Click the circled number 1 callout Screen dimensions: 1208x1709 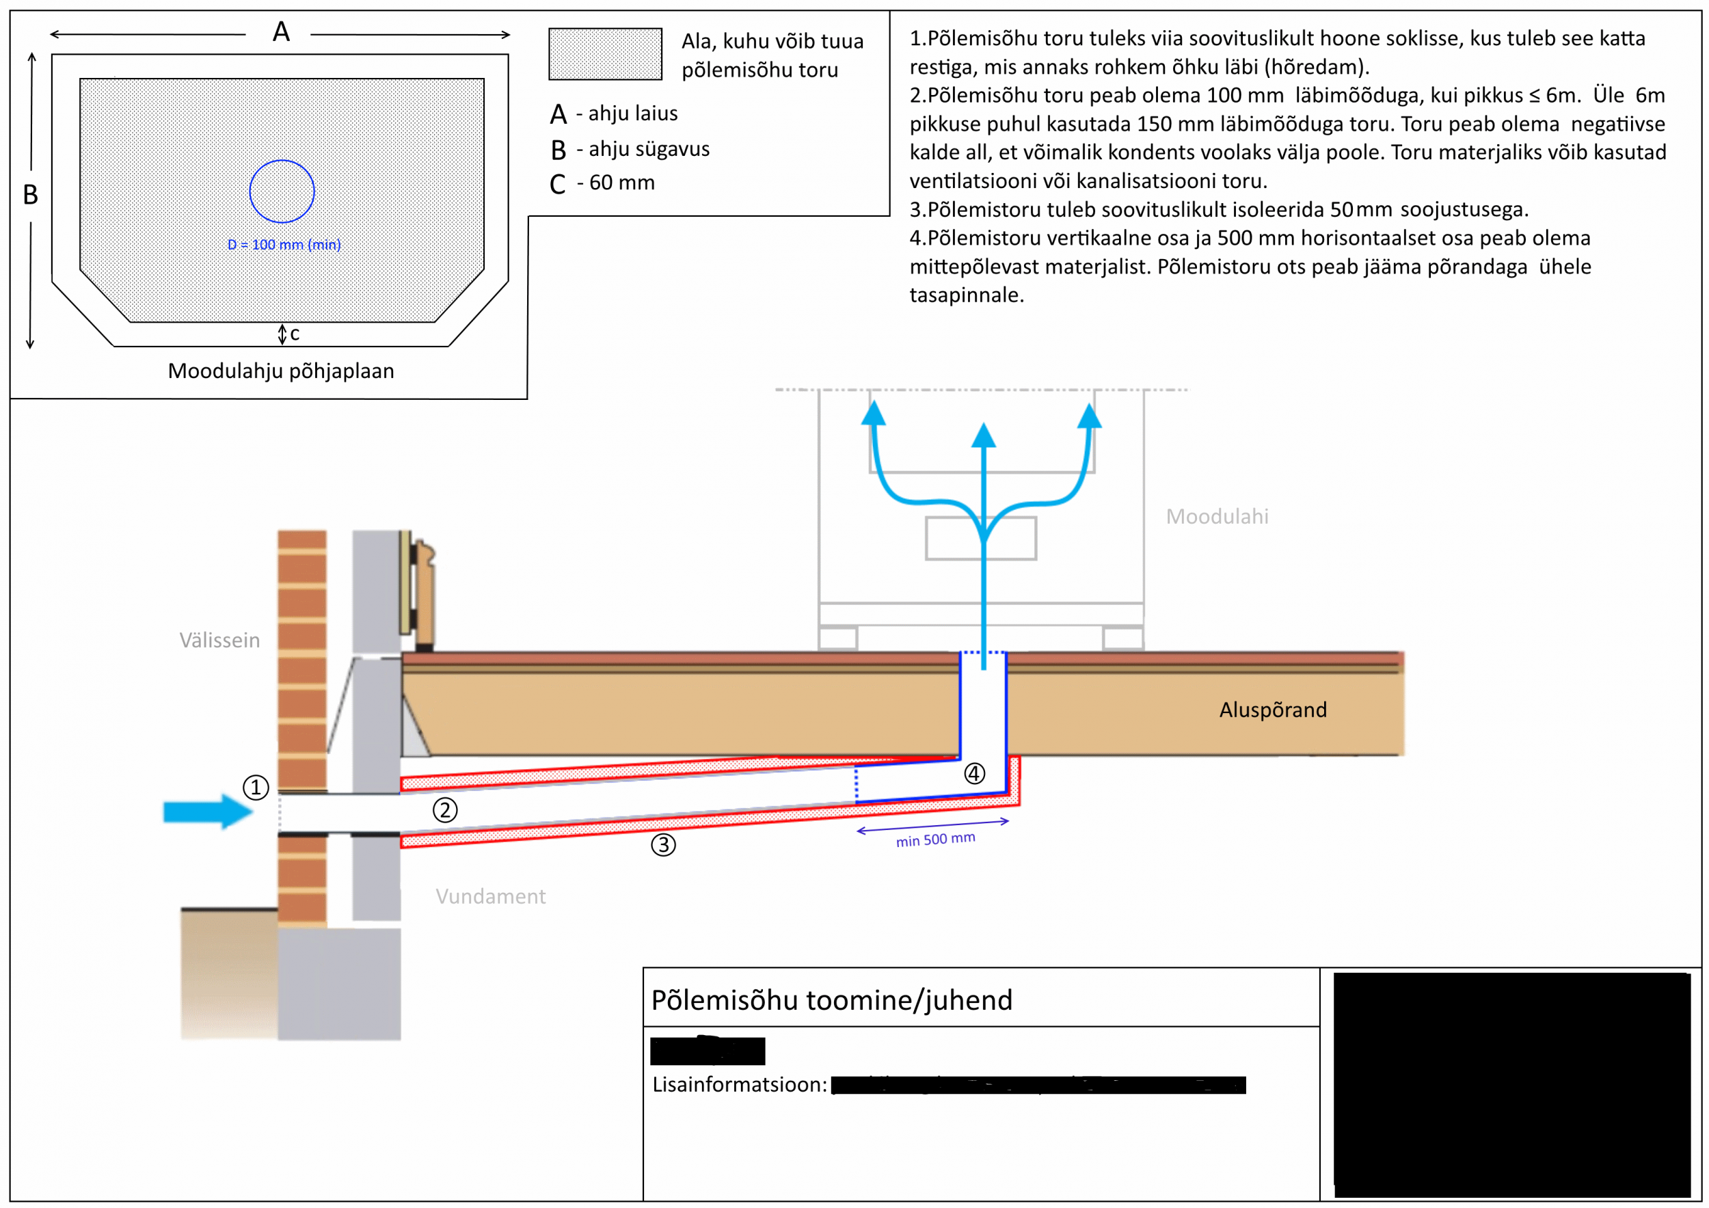point(255,787)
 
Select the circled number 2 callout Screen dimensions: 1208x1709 point(445,810)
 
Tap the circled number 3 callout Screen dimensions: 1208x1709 point(663,845)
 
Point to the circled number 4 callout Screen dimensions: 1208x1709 point(974,773)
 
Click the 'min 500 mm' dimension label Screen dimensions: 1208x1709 point(935,840)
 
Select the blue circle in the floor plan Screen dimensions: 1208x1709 point(282,191)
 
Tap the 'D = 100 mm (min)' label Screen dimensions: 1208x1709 point(284,244)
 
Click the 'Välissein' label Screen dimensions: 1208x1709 point(219,640)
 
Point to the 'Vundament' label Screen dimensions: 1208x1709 point(491,896)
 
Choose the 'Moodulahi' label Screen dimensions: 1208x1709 point(1216,517)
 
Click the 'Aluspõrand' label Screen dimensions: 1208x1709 point(1272,710)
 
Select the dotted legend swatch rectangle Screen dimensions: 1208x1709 point(605,53)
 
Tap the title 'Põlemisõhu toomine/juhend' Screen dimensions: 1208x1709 point(831,1000)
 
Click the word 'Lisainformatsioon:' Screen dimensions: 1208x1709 point(739,1084)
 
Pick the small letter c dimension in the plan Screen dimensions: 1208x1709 point(295,334)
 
